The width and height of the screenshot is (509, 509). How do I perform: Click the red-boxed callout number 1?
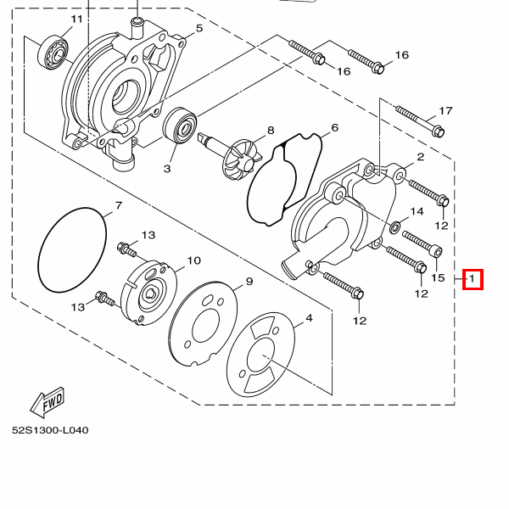click(x=473, y=279)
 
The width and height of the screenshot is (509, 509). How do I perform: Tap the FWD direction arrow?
click(x=48, y=402)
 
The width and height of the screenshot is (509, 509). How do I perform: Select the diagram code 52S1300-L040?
click(x=50, y=430)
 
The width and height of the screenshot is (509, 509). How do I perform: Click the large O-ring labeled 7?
click(x=72, y=250)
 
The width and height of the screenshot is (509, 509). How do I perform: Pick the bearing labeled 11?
click(x=53, y=52)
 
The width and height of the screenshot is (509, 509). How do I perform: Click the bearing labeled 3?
click(x=180, y=125)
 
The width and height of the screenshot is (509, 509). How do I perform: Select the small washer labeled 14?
click(x=394, y=227)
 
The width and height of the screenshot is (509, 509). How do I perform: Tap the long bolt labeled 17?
click(x=420, y=120)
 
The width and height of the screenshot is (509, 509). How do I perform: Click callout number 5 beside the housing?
click(x=199, y=29)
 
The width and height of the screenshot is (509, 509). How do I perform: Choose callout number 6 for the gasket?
click(x=335, y=128)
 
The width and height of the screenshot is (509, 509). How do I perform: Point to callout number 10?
click(x=193, y=260)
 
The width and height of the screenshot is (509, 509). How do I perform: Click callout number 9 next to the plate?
click(x=249, y=282)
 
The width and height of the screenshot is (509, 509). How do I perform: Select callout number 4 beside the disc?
click(x=309, y=318)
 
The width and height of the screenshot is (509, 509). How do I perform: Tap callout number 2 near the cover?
click(x=421, y=157)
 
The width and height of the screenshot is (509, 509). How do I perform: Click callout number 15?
click(x=438, y=278)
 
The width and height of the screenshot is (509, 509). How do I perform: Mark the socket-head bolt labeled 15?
click(x=422, y=243)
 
